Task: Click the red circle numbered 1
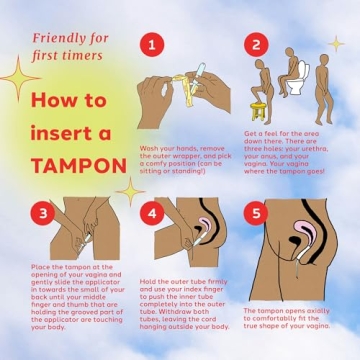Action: coord(151,45)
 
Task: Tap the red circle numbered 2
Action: coord(256,45)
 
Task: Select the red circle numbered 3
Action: coord(40,213)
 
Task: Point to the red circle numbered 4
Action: coord(151,213)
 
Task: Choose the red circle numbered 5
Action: coord(256,213)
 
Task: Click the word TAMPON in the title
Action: coord(74,164)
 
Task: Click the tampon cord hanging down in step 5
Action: coord(299,267)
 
